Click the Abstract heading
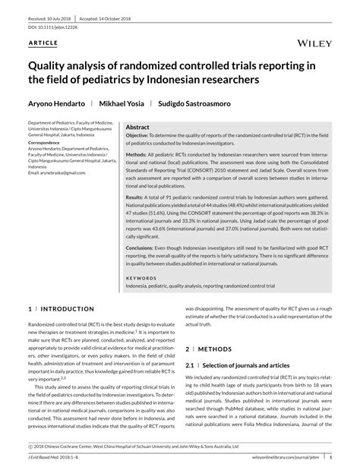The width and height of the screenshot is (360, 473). pos(137,128)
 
